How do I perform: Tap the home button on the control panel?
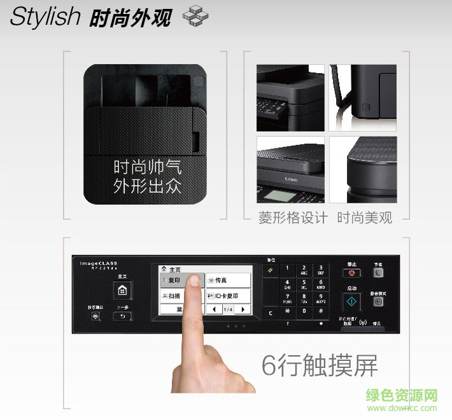tap(122, 290)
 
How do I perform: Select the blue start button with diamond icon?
tap(351, 302)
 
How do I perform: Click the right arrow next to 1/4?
tap(243, 309)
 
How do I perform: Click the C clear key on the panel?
tap(271, 312)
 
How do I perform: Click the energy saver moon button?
tap(378, 272)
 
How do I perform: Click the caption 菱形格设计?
tap(293, 218)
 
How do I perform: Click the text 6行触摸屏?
tap(320, 365)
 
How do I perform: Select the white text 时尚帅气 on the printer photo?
tap(147, 167)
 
